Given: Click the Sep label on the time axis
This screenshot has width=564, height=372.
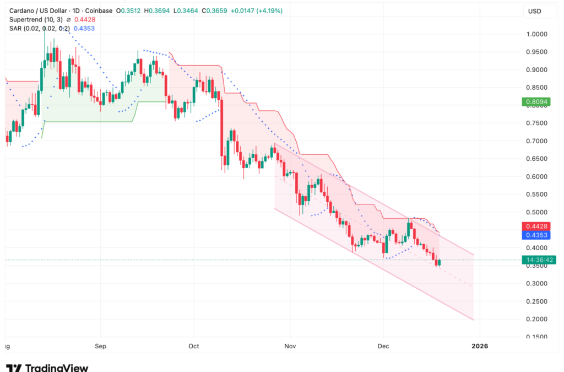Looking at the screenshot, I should pos(100,346).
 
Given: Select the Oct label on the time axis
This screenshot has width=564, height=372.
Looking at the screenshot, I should pos(193,346).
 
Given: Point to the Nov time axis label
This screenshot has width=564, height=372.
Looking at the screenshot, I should pos(290,346).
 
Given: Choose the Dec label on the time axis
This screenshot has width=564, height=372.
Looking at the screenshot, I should pos(383,346).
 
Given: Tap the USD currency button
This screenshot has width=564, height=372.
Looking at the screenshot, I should pos(534,11).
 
